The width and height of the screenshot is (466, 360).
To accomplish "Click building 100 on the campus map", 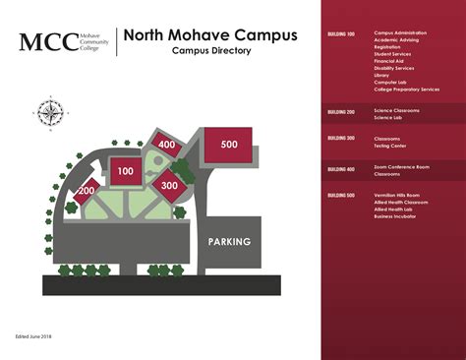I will [125, 170].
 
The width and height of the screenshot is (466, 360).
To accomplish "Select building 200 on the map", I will [87, 190].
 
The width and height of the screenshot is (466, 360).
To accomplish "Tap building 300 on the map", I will [168, 184].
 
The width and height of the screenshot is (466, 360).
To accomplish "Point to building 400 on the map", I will [166, 146].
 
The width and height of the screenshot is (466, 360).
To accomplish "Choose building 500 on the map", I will [228, 146].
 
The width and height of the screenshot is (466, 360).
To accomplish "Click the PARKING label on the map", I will [229, 241].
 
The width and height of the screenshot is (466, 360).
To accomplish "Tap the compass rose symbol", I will [49, 111].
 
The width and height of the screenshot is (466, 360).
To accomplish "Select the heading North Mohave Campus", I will [210, 35].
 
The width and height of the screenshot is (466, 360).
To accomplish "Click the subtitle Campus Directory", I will [204, 51].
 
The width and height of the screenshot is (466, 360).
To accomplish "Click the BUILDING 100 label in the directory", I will [341, 32].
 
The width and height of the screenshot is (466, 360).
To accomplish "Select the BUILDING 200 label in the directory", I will [341, 111].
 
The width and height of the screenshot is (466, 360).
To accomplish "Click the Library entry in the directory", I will [382, 74].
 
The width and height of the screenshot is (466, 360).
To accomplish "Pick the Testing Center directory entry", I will [390, 145].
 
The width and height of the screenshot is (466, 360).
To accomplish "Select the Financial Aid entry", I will [388, 61].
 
